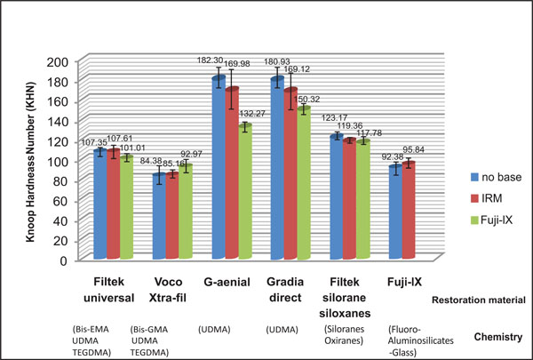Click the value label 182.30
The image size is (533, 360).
[213, 60]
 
